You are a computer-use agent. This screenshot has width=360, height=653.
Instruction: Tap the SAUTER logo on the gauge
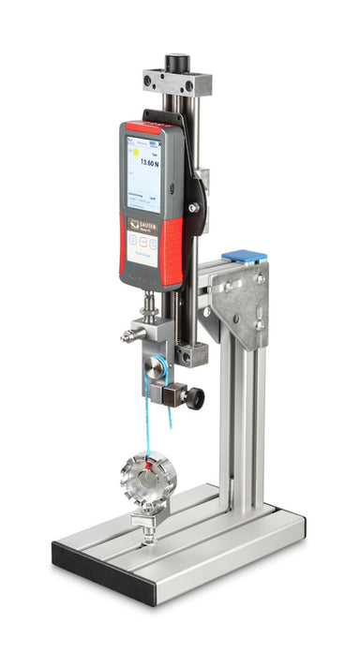click(148, 225)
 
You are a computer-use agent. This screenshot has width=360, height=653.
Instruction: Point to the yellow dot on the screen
click(134, 150)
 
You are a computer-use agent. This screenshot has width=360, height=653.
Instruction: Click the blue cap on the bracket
click(244, 254)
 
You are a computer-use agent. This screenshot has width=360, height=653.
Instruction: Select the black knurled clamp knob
click(195, 398)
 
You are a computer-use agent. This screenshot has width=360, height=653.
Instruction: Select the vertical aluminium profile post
click(246, 422)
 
